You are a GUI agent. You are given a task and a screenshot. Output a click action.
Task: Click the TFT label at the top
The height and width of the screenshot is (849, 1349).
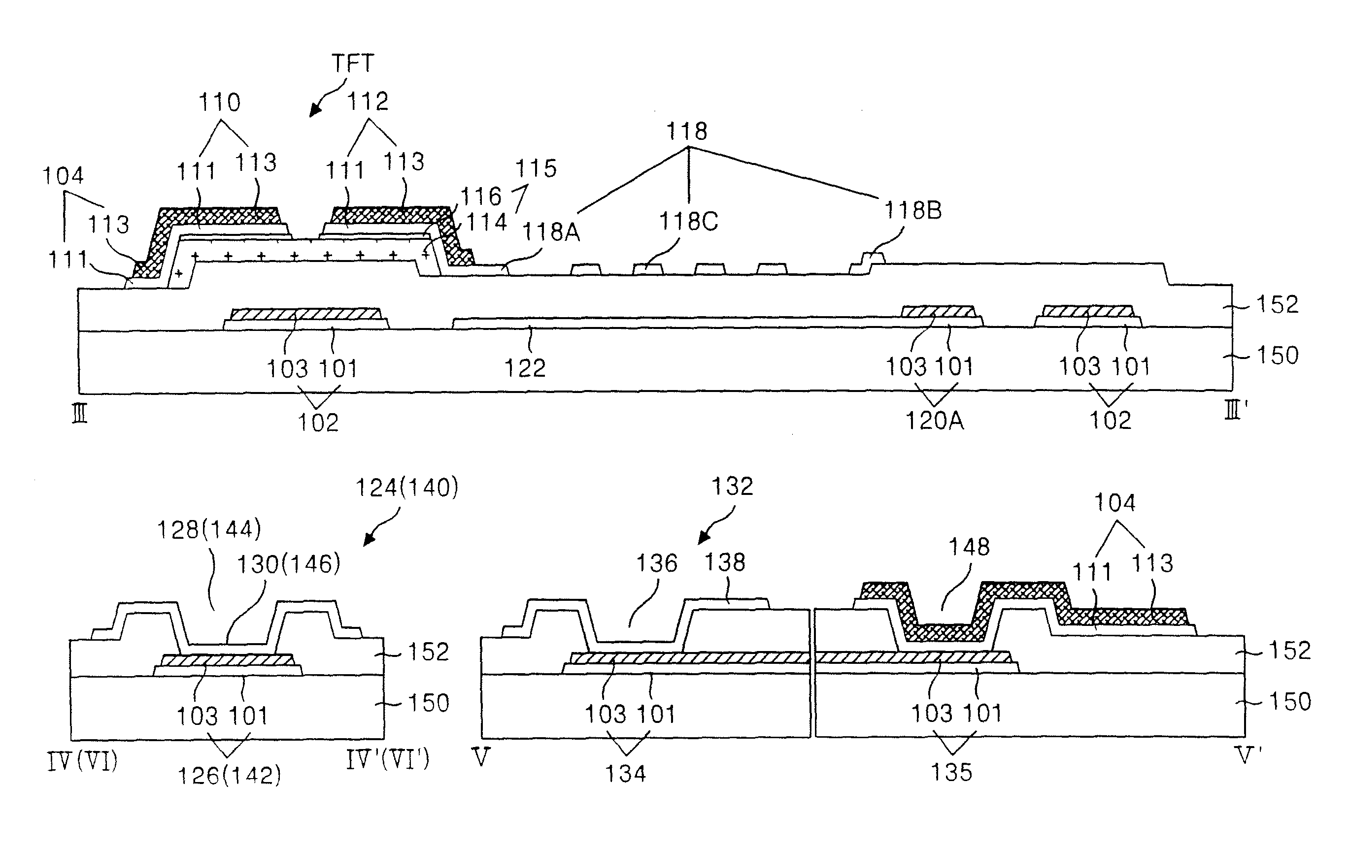[x=352, y=64]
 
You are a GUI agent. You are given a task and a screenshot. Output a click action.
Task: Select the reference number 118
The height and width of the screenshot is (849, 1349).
[x=687, y=131]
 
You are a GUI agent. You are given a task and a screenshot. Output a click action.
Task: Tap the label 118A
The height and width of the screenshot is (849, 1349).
[x=551, y=232]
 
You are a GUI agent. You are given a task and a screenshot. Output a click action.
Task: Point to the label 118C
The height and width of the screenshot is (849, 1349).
[x=688, y=222]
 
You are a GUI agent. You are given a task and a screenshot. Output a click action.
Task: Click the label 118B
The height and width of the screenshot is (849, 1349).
[x=912, y=211]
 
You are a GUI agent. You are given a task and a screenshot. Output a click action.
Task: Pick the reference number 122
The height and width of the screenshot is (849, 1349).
[x=525, y=368]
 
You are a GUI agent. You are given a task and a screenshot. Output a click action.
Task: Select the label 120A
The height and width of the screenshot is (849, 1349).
[x=935, y=421]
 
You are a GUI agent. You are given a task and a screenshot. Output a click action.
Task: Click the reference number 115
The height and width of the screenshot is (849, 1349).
[x=536, y=168]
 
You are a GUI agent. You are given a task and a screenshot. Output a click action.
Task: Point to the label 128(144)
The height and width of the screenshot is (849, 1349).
[x=209, y=529]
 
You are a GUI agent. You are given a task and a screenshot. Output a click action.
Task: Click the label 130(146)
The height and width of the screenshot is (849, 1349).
[x=289, y=564]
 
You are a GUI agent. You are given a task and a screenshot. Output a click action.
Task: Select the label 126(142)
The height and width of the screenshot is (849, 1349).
[x=229, y=776]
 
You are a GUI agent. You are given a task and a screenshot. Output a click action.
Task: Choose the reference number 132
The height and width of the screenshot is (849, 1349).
[x=732, y=487]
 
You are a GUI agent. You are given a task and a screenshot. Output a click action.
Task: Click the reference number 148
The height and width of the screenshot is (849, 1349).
[x=969, y=547]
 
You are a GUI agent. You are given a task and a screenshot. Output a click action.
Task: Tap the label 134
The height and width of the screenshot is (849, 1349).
[x=625, y=774]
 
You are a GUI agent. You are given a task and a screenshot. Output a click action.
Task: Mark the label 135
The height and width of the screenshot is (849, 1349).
[x=951, y=773]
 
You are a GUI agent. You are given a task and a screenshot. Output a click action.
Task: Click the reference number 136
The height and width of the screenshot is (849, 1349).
[x=657, y=563]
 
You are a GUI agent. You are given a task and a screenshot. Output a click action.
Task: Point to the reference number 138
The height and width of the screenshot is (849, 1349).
[x=724, y=562]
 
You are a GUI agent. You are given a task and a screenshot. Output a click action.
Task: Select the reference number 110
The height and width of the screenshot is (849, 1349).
[x=220, y=102]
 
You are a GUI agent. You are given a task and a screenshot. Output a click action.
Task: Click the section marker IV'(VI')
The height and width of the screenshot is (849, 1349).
[x=387, y=760]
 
